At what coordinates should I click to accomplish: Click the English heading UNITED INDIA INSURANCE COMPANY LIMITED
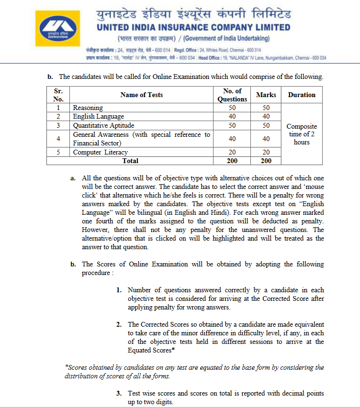[193, 27]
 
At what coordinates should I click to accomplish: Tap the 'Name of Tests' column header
[141, 95]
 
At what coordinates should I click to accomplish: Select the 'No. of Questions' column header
[232, 95]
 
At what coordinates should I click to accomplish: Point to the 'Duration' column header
[302, 95]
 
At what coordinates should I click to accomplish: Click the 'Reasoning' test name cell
[88, 108]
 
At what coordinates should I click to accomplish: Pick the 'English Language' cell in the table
[98, 116]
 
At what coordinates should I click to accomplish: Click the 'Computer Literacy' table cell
[100, 152]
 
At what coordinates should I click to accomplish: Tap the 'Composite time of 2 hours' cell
[302, 134]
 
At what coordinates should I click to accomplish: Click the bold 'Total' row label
[130, 161]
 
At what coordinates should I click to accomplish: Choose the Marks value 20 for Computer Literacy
[266, 152]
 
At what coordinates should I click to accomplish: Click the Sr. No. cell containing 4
[58, 139]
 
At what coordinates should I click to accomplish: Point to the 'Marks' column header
[266, 95]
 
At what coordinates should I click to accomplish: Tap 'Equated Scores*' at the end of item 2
[150, 350]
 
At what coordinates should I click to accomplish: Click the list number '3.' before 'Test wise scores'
[119, 393]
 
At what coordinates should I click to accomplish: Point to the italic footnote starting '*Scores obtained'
[194, 372]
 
